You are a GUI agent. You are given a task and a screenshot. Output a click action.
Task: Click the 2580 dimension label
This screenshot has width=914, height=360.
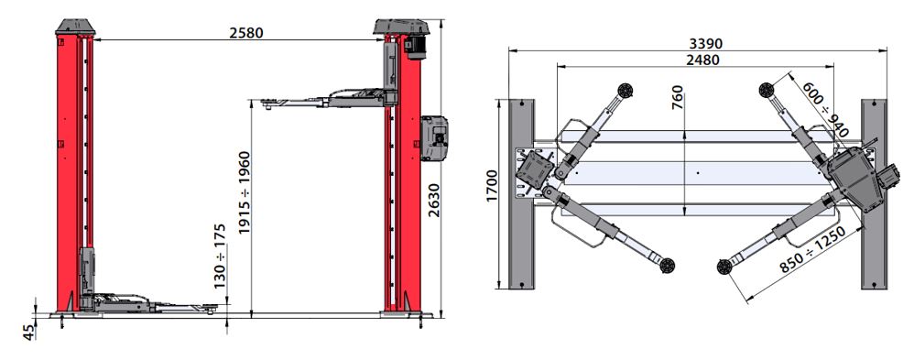pyautogui.click(x=246, y=33)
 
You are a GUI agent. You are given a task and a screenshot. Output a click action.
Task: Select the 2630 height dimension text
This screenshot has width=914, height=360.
pyautogui.click(x=434, y=200)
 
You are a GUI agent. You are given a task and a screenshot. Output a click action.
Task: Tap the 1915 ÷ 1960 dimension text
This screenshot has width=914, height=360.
pyautogui.click(x=245, y=192)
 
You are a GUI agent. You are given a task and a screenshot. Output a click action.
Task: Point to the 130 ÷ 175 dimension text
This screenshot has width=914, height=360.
pyautogui.click(x=220, y=256)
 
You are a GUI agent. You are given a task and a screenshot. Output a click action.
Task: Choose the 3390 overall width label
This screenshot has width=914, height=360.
pyautogui.click(x=705, y=44)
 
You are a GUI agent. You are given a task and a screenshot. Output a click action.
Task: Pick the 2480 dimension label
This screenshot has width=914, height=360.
pyautogui.click(x=702, y=60)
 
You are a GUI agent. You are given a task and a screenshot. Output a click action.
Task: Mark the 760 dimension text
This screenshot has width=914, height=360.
pyautogui.click(x=677, y=98)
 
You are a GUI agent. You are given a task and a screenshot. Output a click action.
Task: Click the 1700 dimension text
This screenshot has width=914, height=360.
pyautogui.click(x=493, y=186)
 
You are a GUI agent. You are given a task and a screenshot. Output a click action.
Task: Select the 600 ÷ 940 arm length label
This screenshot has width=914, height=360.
pyautogui.click(x=825, y=109)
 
